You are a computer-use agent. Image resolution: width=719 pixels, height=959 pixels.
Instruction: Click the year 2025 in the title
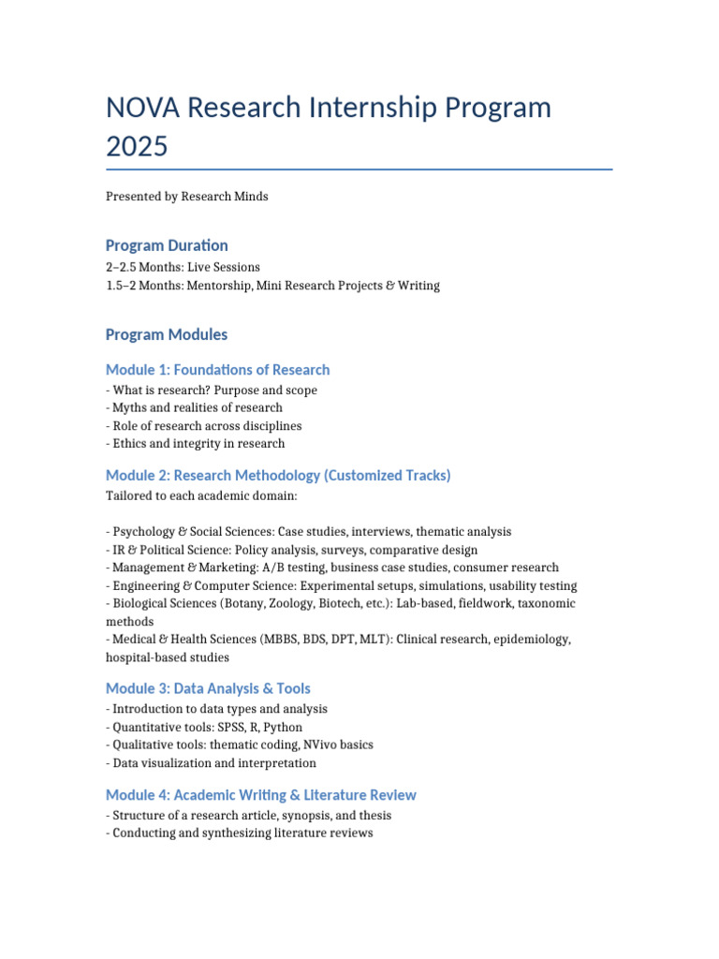pos(139,147)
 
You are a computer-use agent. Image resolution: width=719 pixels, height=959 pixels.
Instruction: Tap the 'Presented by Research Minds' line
pos(187,197)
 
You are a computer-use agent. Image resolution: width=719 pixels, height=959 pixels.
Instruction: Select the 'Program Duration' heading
pos(167,245)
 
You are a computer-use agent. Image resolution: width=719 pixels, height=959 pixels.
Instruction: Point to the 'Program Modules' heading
pos(167,334)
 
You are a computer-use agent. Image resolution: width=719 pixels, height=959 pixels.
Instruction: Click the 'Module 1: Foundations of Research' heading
pos(217,370)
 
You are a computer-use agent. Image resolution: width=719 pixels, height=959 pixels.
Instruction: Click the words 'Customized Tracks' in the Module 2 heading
pos(387,476)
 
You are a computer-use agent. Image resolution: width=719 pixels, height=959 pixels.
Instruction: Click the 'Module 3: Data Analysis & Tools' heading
pos(208,688)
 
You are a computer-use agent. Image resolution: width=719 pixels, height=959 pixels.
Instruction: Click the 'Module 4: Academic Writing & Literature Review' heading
pos(261,795)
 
